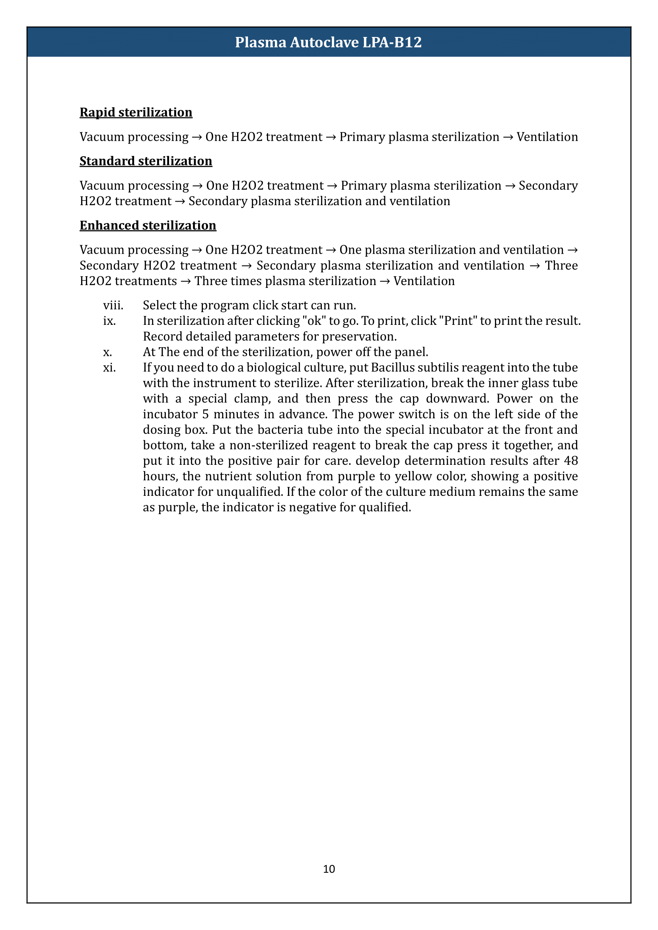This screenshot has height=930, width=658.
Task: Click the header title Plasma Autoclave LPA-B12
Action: point(328,42)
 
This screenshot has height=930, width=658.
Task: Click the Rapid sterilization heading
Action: point(136,112)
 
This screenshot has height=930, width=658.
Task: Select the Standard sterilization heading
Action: point(146,161)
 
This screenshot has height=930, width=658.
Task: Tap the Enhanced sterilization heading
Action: point(148,225)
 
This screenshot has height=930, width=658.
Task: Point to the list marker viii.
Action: point(113,305)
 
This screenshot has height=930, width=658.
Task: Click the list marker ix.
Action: point(109,321)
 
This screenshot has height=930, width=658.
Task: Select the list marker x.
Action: point(107,352)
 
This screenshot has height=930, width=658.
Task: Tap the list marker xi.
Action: point(109,368)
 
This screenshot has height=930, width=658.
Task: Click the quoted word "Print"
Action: point(458,321)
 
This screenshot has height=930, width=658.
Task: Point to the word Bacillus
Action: point(391,368)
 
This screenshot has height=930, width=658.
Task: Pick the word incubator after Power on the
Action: point(170,414)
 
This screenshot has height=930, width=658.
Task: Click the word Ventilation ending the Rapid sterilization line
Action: point(547,137)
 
